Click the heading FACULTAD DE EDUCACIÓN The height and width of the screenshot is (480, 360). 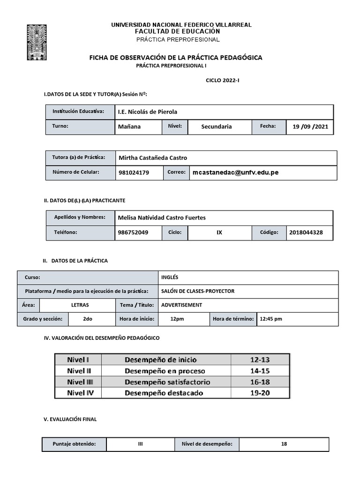point(177,31)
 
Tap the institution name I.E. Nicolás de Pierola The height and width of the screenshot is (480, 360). point(148,112)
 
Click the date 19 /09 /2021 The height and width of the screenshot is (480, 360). point(310,127)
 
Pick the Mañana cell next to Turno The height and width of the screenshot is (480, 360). point(130,127)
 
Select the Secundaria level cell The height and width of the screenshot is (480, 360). point(216,127)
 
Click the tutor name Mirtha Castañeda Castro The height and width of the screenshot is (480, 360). point(153,158)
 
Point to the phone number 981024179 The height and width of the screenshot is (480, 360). point(134,172)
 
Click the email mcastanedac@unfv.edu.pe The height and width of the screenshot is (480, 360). point(235,172)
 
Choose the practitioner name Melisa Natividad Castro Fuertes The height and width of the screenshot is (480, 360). point(162,217)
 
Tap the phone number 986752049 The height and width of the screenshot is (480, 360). point(134,232)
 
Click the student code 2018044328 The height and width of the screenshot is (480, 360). point(306,232)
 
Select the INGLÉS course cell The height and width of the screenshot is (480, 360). point(170,277)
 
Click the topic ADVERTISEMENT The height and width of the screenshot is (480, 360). point(181,305)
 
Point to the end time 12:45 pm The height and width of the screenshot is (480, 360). point(270,319)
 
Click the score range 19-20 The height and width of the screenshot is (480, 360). point(260,393)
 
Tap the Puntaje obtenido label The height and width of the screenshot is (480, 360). point(75,444)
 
